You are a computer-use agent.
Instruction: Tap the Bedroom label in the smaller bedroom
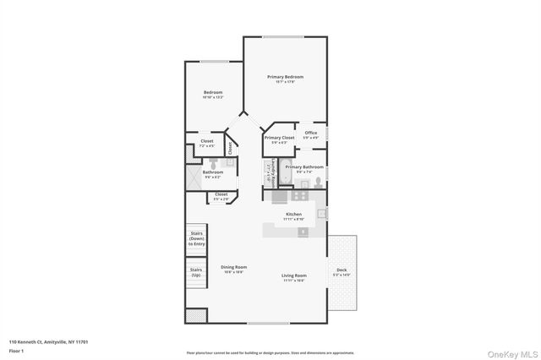tap(212, 92)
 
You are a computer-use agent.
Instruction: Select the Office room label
tap(311, 133)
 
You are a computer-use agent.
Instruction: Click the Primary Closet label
tap(279, 138)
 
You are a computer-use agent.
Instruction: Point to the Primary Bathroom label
tap(304, 167)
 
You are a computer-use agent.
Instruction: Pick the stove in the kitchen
tap(298, 195)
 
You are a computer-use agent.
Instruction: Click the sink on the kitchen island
tap(303, 231)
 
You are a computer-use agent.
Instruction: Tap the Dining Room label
tap(233, 267)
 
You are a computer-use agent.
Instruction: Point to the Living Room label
tap(293, 275)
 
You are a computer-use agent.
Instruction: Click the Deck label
tap(342, 271)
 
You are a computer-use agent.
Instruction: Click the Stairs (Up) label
tap(196, 273)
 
